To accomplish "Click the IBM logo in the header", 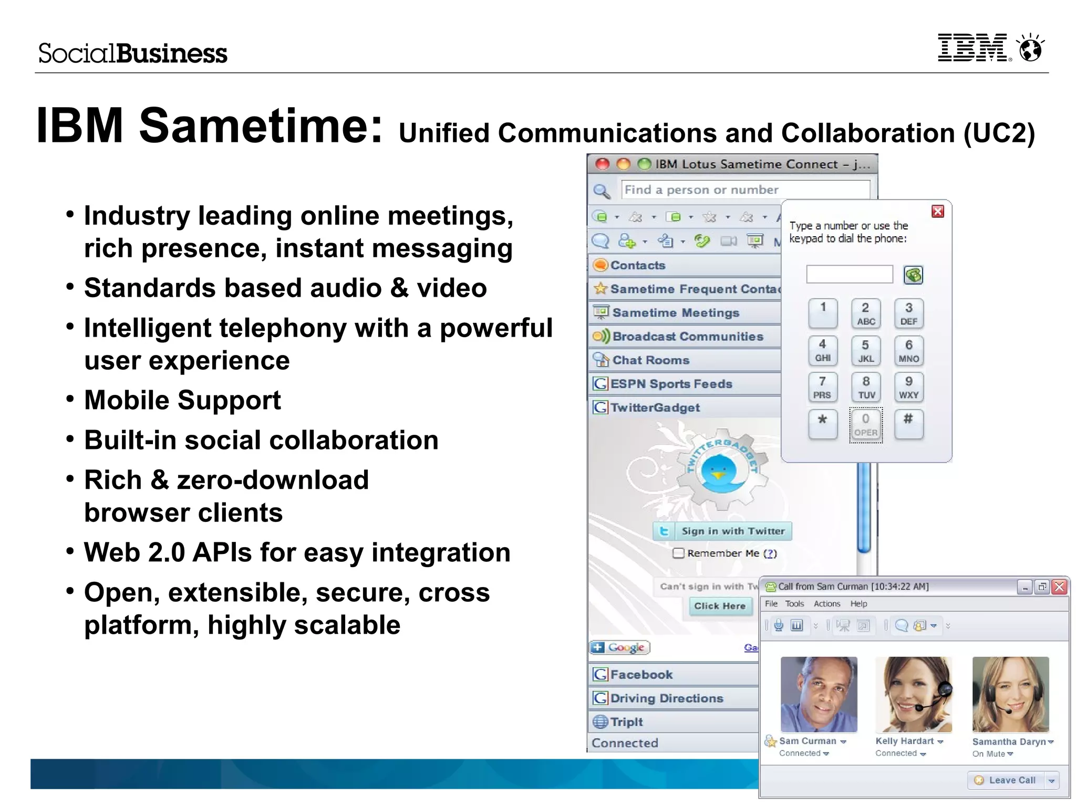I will (x=972, y=48).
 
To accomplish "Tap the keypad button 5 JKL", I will (x=865, y=351).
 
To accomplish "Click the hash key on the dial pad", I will (x=908, y=423).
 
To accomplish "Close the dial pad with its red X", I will (x=938, y=212).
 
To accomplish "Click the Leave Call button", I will (x=1006, y=780).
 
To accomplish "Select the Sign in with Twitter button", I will (x=723, y=531).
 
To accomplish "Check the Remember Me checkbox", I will (x=679, y=553).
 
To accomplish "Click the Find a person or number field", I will (x=745, y=190).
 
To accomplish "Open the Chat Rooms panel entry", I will (x=650, y=360).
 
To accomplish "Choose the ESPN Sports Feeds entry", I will (x=671, y=384).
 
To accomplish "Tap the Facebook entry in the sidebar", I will (x=641, y=675).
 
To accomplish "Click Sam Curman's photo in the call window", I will (x=819, y=694).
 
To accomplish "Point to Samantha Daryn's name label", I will (x=1009, y=741).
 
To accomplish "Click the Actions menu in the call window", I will (x=826, y=604).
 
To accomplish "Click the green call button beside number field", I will (x=913, y=275).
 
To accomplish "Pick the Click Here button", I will (x=720, y=606).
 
